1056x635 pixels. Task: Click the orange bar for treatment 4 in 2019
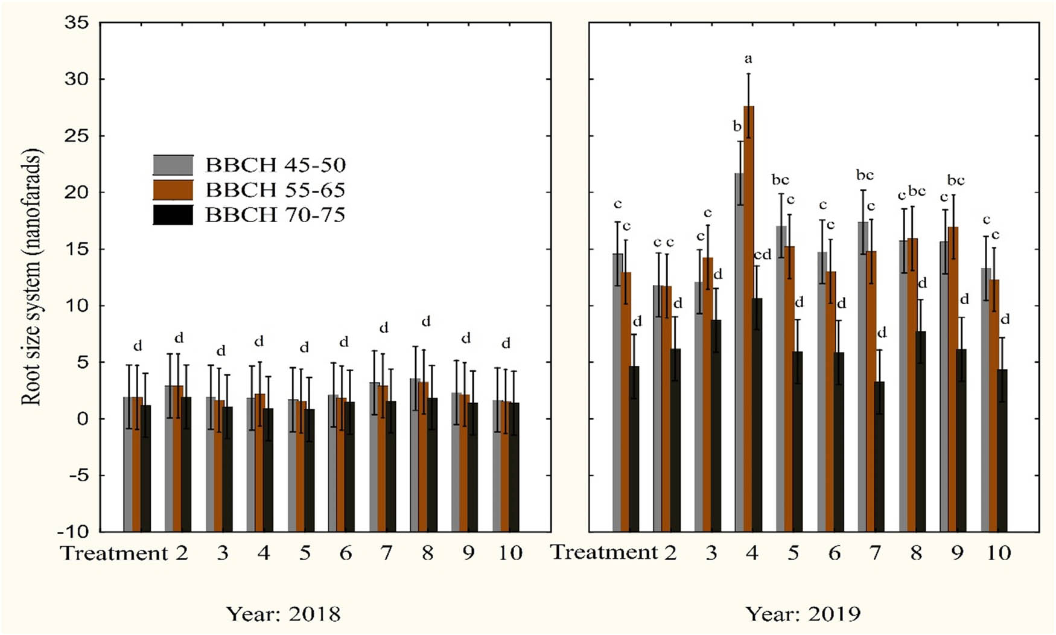tap(749, 260)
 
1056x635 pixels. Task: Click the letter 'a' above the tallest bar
tap(749, 59)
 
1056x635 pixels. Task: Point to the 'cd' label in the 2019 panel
tap(762, 255)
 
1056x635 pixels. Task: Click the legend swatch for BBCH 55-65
tap(173, 190)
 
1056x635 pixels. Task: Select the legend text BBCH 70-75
tap(275, 215)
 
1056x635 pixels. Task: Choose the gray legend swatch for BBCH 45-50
tap(173, 165)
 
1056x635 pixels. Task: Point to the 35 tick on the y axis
tap(77, 23)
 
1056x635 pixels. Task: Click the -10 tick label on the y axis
tap(72, 532)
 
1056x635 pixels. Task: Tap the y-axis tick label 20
tap(77, 193)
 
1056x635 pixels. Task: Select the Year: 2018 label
tap(283, 614)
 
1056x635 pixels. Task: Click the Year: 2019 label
tap(803, 614)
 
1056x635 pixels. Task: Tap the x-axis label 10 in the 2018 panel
tap(510, 553)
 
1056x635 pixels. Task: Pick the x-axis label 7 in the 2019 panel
tap(875, 553)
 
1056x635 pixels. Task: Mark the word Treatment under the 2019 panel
tap(605, 552)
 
